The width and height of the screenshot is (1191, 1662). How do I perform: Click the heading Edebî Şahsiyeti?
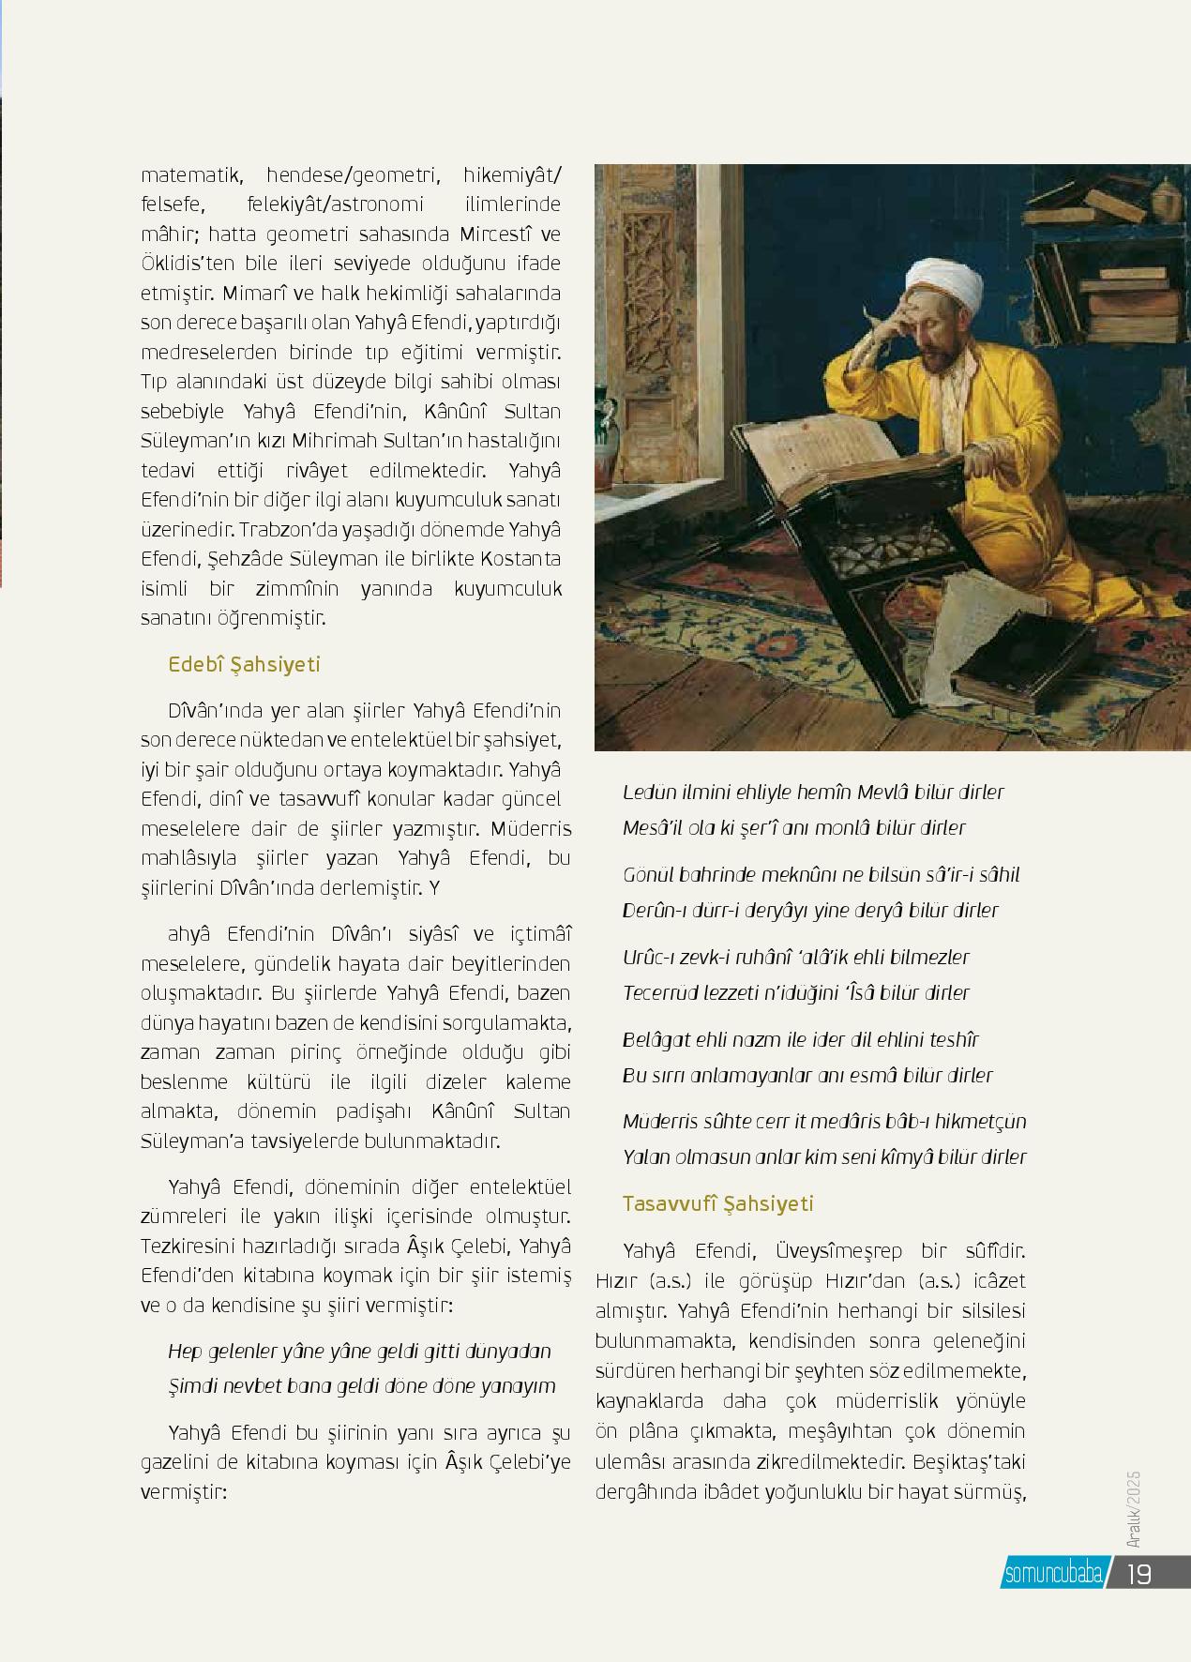[244, 665]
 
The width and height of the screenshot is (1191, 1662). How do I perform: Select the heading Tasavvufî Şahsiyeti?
[717, 1203]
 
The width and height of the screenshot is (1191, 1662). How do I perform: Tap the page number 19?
[1138, 1573]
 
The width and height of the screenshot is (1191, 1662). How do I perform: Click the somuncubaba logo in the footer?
[1053, 1574]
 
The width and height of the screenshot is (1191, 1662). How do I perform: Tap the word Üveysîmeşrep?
[838, 1251]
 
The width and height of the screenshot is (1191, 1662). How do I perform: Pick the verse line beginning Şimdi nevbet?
[361, 1386]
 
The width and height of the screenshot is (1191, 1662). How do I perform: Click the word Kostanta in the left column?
[520, 559]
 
